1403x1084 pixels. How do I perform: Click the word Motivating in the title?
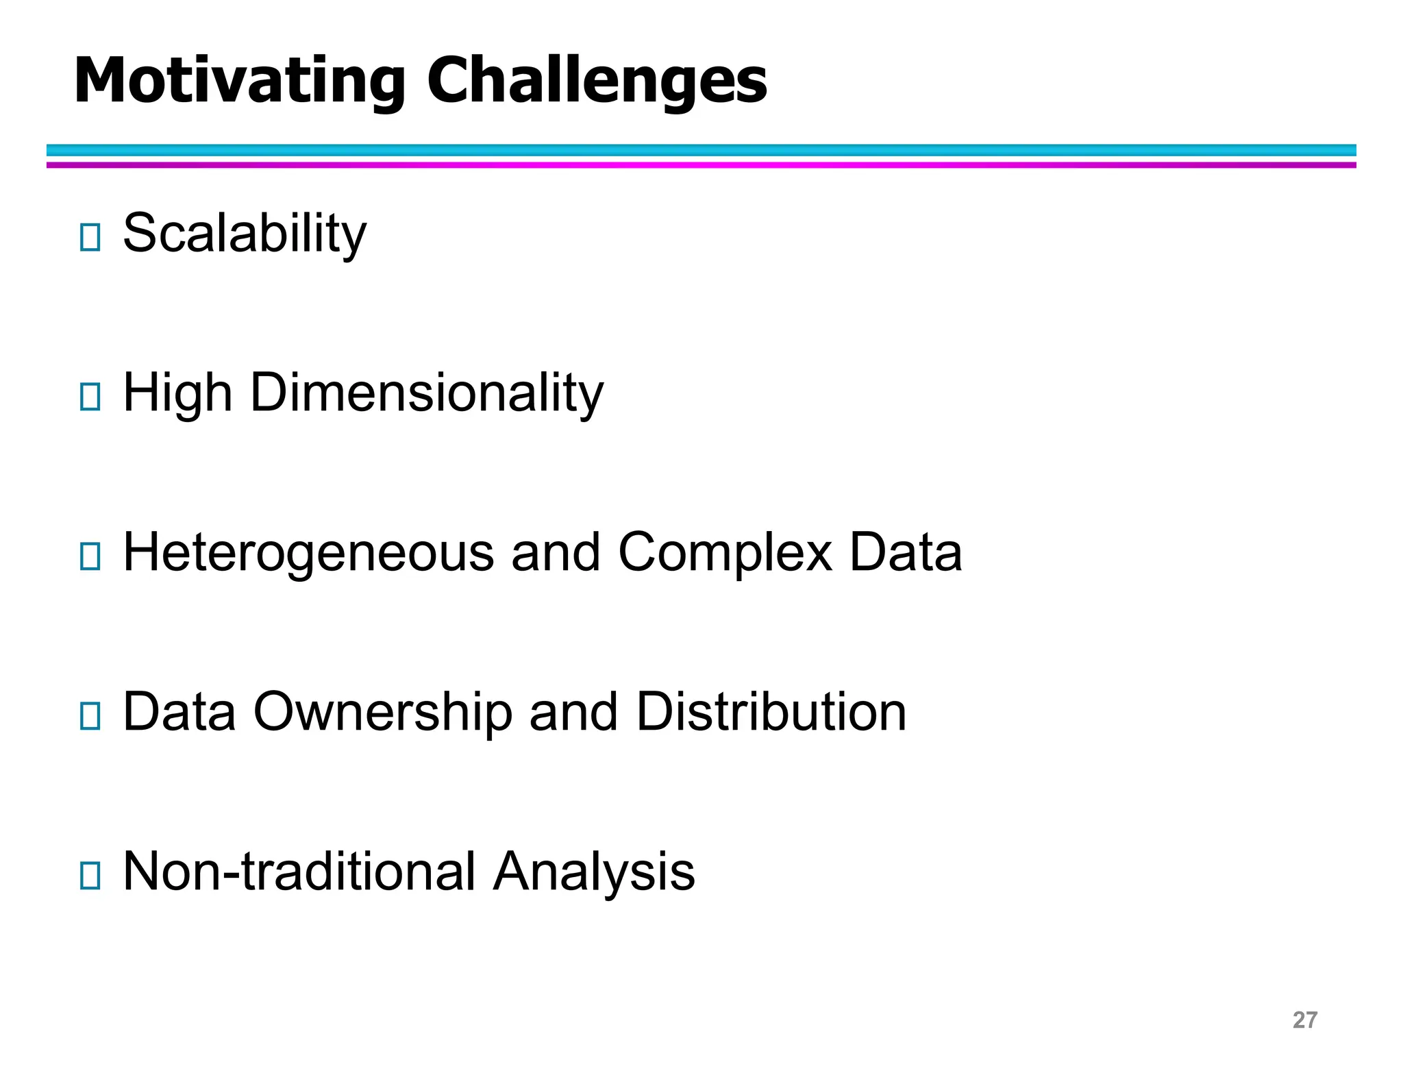coord(240,82)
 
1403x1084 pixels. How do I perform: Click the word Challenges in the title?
coord(597,82)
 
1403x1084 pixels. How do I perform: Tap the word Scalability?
coord(245,234)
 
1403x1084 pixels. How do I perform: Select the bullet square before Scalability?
coord(90,237)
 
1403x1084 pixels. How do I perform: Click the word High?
coord(177,393)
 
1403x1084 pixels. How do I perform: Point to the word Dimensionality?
coord(427,393)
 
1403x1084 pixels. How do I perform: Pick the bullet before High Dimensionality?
coord(90,397)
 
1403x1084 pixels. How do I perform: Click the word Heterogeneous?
coord(308,552)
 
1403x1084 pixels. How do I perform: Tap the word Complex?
coord(725,552)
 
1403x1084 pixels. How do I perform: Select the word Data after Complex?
coord(906,552)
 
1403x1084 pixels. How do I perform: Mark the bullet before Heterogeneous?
coord(90,556)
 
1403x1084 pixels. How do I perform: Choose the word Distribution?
coord(771,712)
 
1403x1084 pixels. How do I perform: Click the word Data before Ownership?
coord(179,712)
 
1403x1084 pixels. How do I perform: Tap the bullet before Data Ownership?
coord(90,716)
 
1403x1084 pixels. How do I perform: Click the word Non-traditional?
coord(299,872)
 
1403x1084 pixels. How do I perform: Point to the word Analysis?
coord(594,872)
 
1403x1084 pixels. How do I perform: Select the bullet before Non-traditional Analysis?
coord(90,876)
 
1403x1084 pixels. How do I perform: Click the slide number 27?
coord(1304,1020)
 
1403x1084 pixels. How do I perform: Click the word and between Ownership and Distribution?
coord(573,712)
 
